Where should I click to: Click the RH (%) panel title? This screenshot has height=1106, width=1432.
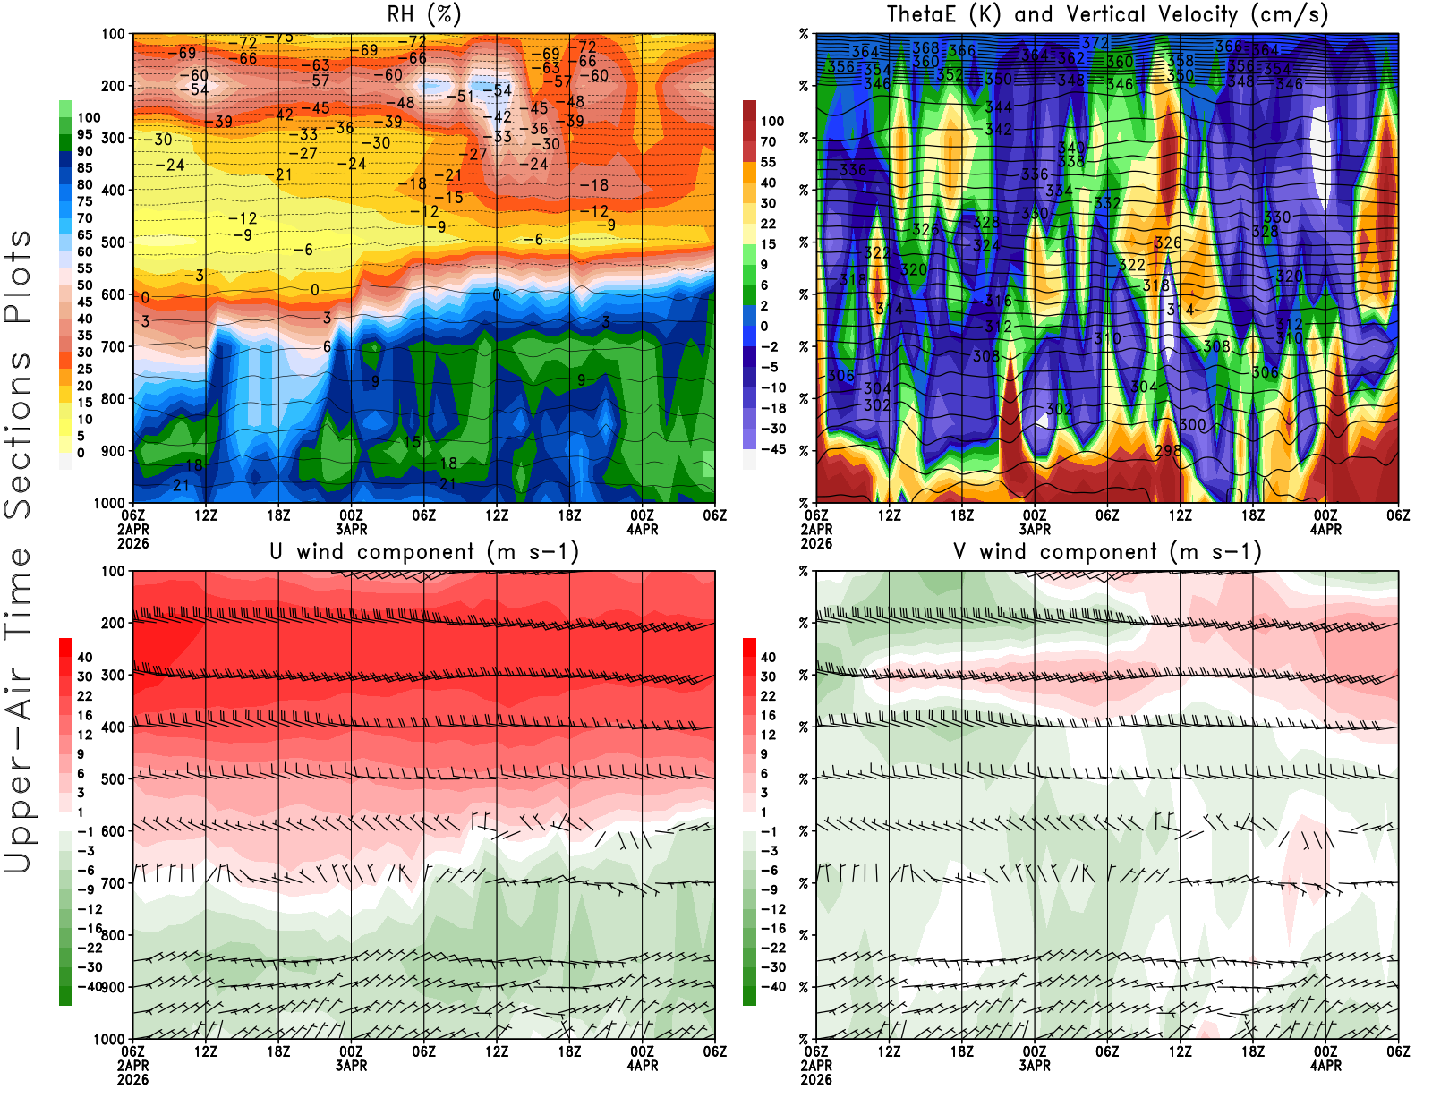click(x=423, y=14)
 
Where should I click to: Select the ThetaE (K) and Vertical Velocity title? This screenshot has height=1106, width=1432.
click(x=1107, y=14)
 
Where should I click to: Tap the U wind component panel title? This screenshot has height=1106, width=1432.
click(x=424, y=551)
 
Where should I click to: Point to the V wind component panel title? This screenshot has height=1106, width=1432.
click(x=1107, y=551)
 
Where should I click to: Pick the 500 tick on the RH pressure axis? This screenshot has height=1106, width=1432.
click(x=114, y=242)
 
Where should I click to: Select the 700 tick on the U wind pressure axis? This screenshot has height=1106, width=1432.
click(x=114, y=883)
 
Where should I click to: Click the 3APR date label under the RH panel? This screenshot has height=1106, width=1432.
click(x=352, y=530)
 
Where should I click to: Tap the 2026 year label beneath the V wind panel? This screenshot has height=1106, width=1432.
click(x=816, y=1080)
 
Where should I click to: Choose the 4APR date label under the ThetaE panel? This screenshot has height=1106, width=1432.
click(x=1325, y=530)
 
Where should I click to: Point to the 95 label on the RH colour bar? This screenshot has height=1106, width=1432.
click(x=84, y=134)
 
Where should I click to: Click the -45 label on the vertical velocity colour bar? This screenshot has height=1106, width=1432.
click(x=772, y=449)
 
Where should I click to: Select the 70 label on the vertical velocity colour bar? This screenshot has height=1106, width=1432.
click(x=768, y=141)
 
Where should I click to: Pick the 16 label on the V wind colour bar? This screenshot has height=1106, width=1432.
click(x=768, y=716)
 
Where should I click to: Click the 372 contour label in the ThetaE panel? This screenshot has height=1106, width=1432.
click(x=1095, y=43)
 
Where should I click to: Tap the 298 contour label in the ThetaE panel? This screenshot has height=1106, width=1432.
click(x=1167, y=451)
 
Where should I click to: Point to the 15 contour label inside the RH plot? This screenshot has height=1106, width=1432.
click(x=412, y=442)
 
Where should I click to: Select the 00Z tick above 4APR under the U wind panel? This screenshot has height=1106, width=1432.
click(x=642, y=1052)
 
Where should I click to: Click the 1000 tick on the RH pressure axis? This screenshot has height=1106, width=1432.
click(x=109, y=503)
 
